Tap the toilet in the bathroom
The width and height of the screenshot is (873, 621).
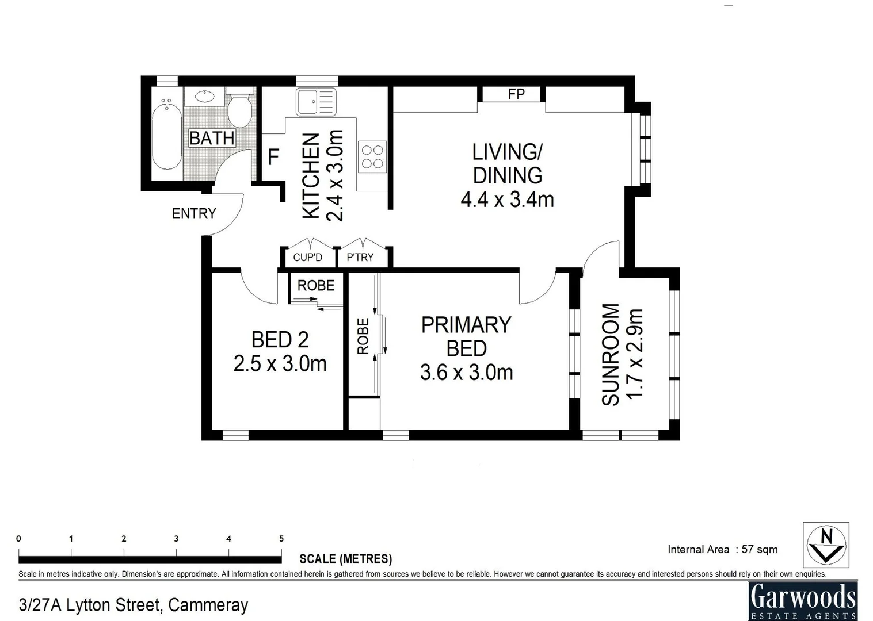(239, 109)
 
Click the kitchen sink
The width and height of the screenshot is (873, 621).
(315, 102)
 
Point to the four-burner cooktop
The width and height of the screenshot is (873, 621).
(372, 157)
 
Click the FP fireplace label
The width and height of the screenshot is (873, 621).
(516, 94)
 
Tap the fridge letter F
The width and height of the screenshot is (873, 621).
(274, 157)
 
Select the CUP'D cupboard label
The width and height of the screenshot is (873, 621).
(308, 258)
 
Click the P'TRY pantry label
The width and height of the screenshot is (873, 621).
(360, 258)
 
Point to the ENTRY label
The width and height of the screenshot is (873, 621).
(194, 214)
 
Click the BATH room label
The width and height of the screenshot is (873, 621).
(212, 139)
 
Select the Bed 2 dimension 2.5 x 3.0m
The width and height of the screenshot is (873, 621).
(280, 364)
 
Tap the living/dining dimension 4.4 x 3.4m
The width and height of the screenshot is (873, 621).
(507, 200)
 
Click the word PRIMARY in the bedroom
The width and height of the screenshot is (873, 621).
(466, 325)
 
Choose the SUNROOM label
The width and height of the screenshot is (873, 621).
(611, 354)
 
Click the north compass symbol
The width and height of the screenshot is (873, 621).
(826, 545)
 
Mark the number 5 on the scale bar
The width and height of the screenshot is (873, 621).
(281, 539)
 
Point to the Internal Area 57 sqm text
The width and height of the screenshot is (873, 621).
(722, 549)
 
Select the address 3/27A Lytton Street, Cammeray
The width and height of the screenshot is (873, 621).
(134, 605)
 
